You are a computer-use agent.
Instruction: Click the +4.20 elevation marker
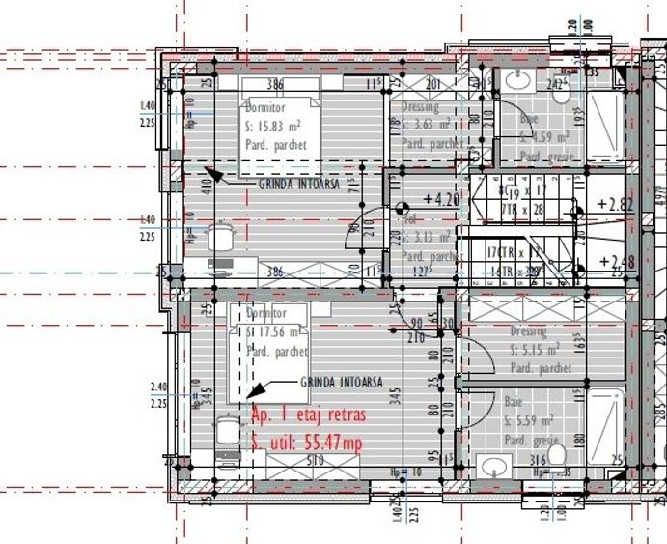pos(440,200)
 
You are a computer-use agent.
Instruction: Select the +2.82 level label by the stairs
pos(615,204)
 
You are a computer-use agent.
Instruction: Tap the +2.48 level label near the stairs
pos(615,261)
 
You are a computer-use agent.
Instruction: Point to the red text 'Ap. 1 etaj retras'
pos(307,416)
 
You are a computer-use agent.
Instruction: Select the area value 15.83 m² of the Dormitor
pos(276,126)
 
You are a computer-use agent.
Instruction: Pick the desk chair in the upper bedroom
pos(222,237)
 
